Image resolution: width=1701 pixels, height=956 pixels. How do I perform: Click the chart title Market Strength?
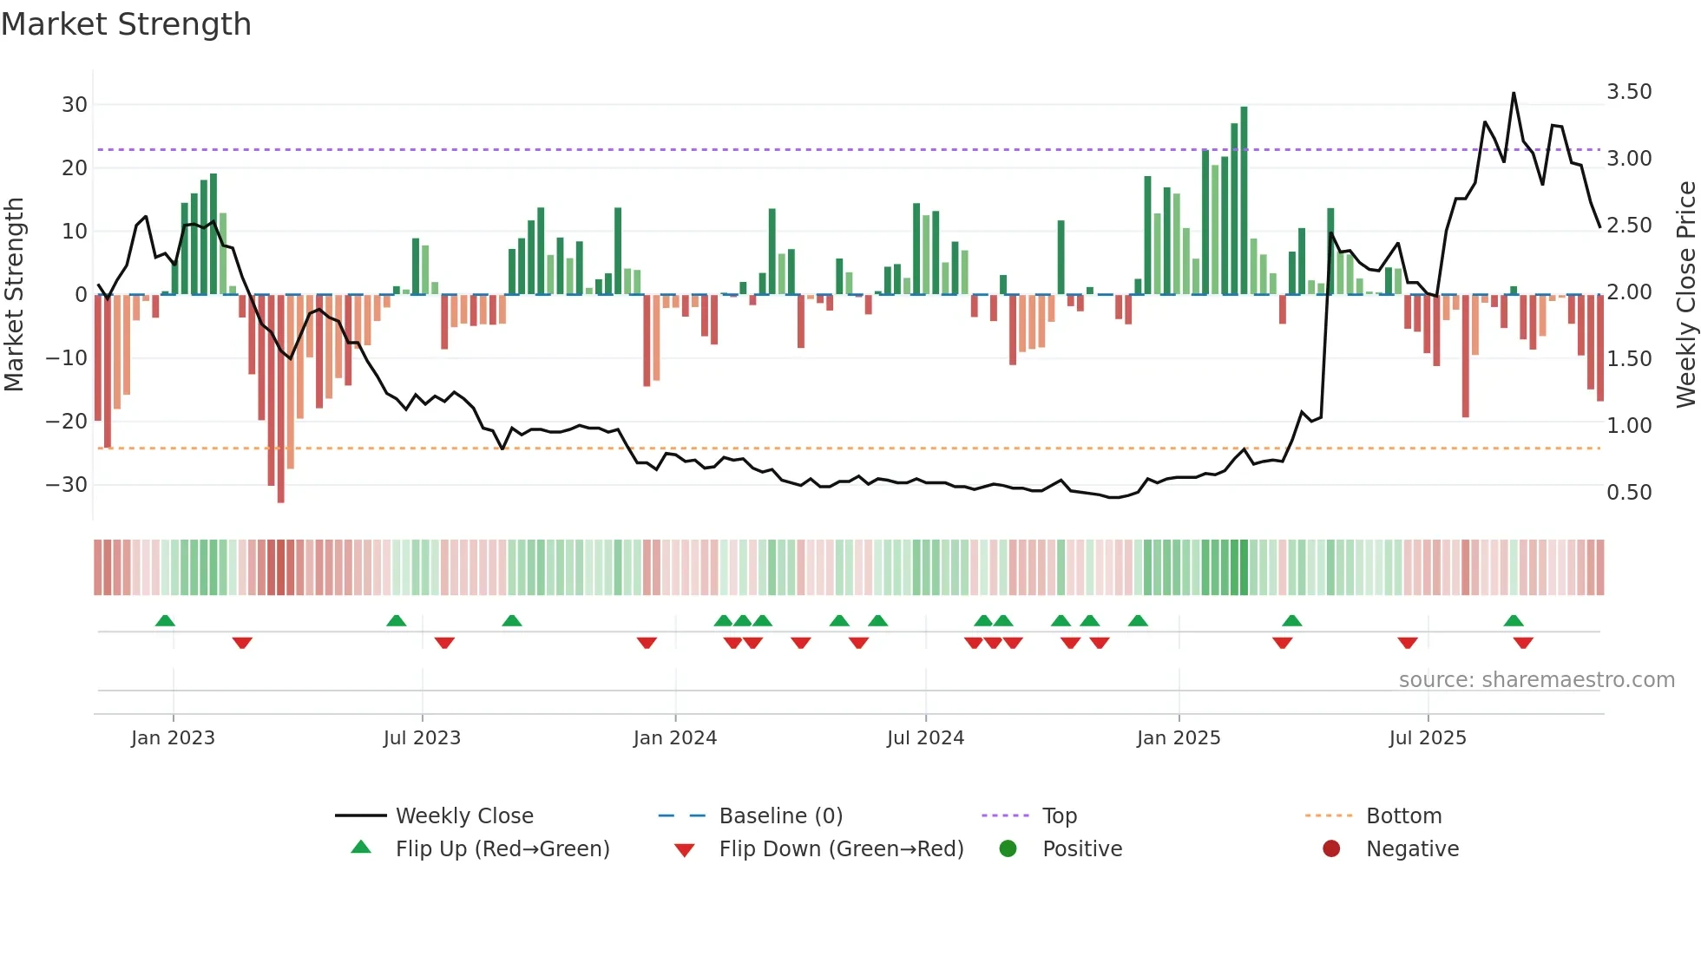[x=126, y=24]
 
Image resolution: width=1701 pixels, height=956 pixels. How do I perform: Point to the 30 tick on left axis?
[x=75, y=105]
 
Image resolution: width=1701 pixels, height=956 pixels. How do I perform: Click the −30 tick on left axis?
[x=67, y=485]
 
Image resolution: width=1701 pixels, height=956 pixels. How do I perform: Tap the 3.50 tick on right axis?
[x=1629, y=92]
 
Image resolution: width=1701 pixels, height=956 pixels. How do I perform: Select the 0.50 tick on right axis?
[x=1629, y=493]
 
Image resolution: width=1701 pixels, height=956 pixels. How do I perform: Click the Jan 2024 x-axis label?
[x=675, y=738]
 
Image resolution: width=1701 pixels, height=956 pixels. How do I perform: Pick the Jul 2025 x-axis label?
[x=1428, y=738]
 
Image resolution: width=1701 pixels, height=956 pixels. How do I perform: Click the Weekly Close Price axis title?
[x=1685, y=295]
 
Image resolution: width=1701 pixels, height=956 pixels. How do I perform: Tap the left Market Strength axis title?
[x=15, y=295]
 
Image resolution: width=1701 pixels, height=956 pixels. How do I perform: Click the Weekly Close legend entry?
[x=464, y=816]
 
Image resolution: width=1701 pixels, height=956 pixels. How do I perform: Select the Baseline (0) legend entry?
[x=780, y=816]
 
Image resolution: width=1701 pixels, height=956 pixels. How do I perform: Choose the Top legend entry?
[x=1060, y=816]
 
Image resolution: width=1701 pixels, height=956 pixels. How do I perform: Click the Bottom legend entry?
[x=1403, y=816]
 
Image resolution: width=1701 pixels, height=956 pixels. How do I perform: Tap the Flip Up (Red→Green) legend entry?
[x=502, y=849]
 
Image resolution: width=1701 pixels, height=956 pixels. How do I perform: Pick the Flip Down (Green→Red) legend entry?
[x=841, y=849]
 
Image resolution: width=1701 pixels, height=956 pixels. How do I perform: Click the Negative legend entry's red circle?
[x=1331, y=848]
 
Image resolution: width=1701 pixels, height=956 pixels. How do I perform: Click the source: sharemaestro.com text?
[x=1536, y=680]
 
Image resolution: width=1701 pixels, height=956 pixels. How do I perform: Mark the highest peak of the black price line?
[x=1514, y=94]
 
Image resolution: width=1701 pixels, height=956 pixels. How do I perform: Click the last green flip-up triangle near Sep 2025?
[x=1514, y=620]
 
